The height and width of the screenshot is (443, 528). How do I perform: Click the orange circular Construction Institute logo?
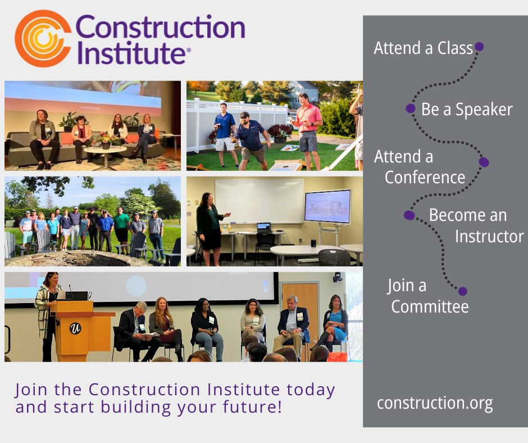click(x=43, y=38)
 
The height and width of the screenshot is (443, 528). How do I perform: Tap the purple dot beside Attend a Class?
click(x=479, y=47)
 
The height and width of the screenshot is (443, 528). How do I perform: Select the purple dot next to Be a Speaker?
click(x=410, y=109)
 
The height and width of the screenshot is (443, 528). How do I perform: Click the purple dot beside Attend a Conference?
click(x=484, y=162)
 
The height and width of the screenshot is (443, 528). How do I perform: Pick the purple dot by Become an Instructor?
click(x=409, y=215)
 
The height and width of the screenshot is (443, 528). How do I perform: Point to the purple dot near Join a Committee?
click(x=463, y=291)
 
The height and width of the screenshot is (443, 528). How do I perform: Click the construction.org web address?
click(x=435, y=403)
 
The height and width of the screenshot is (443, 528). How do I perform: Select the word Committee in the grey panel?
click(x=430, y=306)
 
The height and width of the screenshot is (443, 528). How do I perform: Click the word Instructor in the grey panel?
click(x=489, y=236)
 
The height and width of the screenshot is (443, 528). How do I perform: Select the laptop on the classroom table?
click(x=264, y=227)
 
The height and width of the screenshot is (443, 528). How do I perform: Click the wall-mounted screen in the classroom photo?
click(x=327, y=206)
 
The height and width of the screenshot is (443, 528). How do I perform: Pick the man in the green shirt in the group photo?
click(x=121, y=229)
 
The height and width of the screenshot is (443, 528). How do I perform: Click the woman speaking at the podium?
click(x=48, y=315)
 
